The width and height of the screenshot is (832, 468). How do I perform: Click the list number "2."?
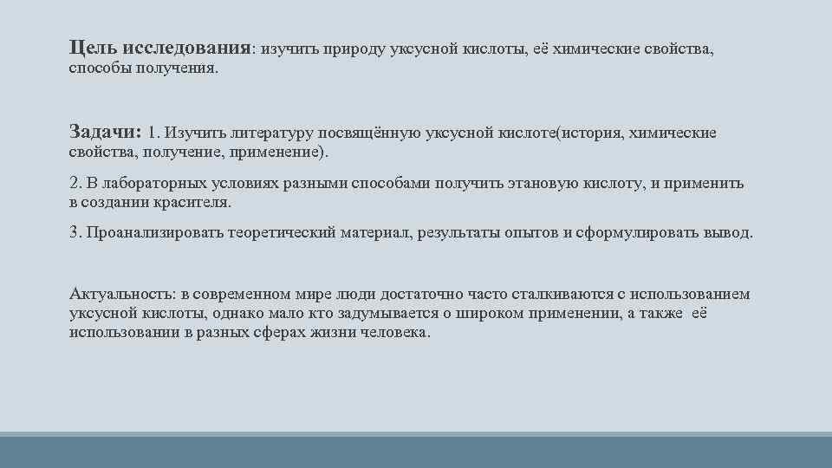tap(75, 184)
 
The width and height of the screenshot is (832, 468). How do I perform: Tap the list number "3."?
tap(75, 234)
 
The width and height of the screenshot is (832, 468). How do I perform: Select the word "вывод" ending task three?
tap(729, 234)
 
